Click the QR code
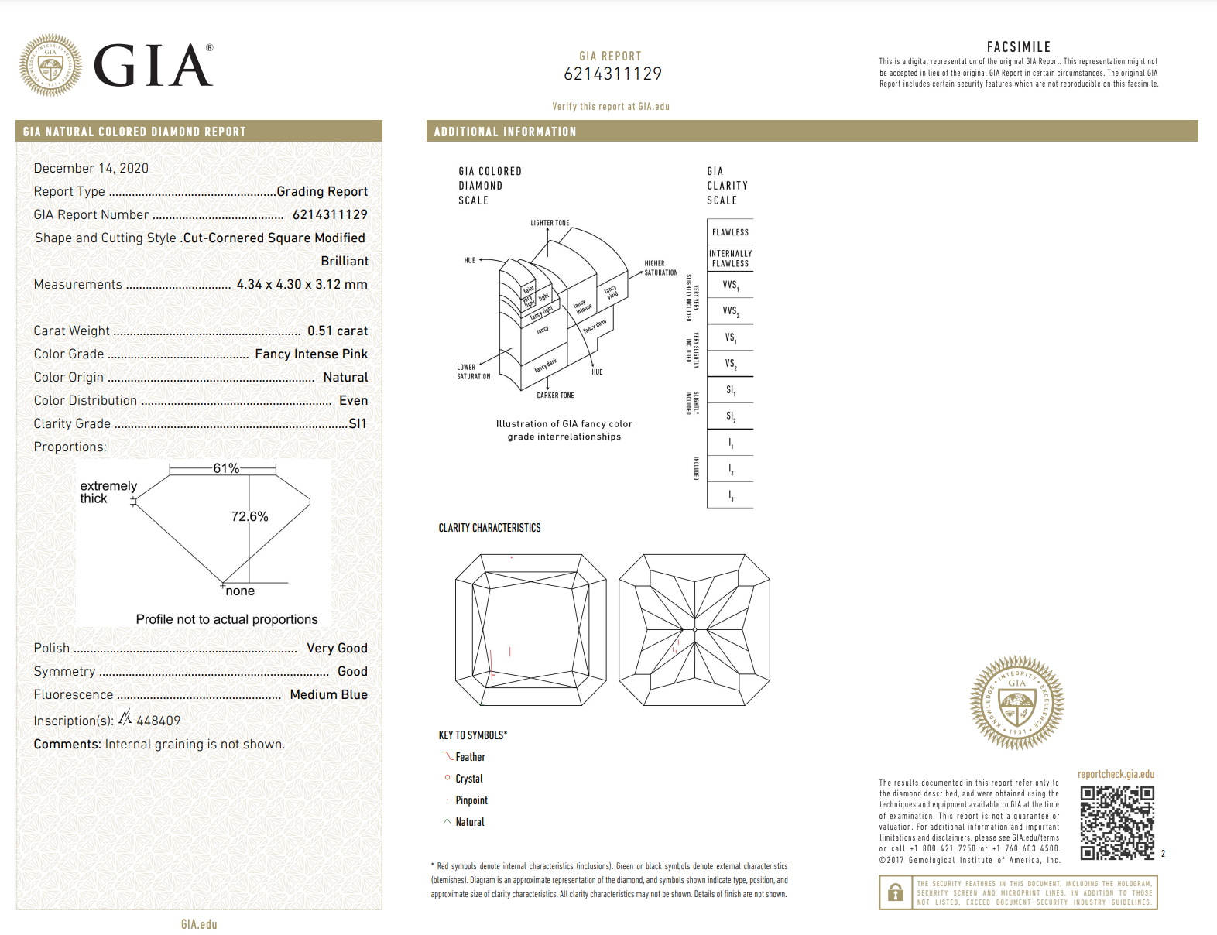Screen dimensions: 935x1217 tap(1117, 823)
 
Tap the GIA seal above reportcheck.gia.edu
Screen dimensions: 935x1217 tap(1016, 703)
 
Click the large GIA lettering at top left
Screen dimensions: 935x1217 tap(153, 66)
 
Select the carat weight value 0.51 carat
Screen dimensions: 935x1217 tap(337, 331)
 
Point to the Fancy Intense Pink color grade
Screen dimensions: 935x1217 tap(311, 354)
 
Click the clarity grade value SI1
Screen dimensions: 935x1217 tap(357, 423)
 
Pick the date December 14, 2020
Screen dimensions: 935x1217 tap(91, 168)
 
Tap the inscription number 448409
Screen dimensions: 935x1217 tap(158, 721)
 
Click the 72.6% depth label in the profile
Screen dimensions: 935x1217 tap(249, 516)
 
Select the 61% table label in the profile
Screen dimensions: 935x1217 tap(226, 468)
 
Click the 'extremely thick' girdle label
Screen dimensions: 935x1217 tap(108, 492)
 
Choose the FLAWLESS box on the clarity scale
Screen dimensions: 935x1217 tap(730, 232)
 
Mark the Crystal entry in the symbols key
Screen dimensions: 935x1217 tap(468, 779)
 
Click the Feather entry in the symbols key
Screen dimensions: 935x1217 tap(470, 757)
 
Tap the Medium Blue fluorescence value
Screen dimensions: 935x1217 tap(328, 694)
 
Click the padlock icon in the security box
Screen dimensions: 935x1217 tap(896, 892)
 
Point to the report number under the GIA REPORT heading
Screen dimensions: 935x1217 tap(612, 74)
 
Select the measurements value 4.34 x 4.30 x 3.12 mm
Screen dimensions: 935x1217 tap(302, 284)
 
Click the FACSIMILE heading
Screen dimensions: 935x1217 tap(1018, 47)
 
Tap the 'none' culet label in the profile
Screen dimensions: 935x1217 tap(240, 591)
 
